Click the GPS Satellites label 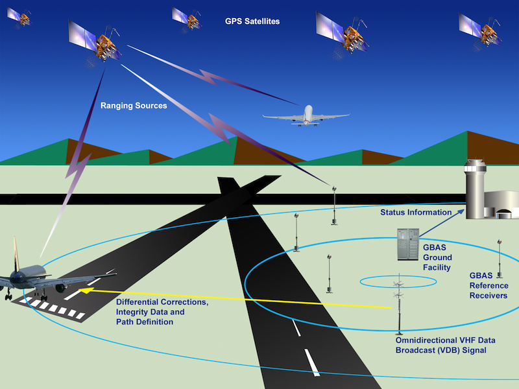[252, 21]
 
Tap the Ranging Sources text [134, 106]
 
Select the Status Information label [416, 213]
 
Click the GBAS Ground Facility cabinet [408, 244]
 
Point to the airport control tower [476, 189]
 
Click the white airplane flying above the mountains [306, 116]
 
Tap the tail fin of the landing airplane [16, 253]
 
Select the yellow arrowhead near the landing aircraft [84, 290]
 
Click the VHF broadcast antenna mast [400, 304]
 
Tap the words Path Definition [145, 322]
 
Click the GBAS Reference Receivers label [489, 285]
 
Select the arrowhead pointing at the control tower [461, 212]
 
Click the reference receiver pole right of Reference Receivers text [500, 259]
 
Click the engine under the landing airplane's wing [61, 288]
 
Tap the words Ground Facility [437, 263]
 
